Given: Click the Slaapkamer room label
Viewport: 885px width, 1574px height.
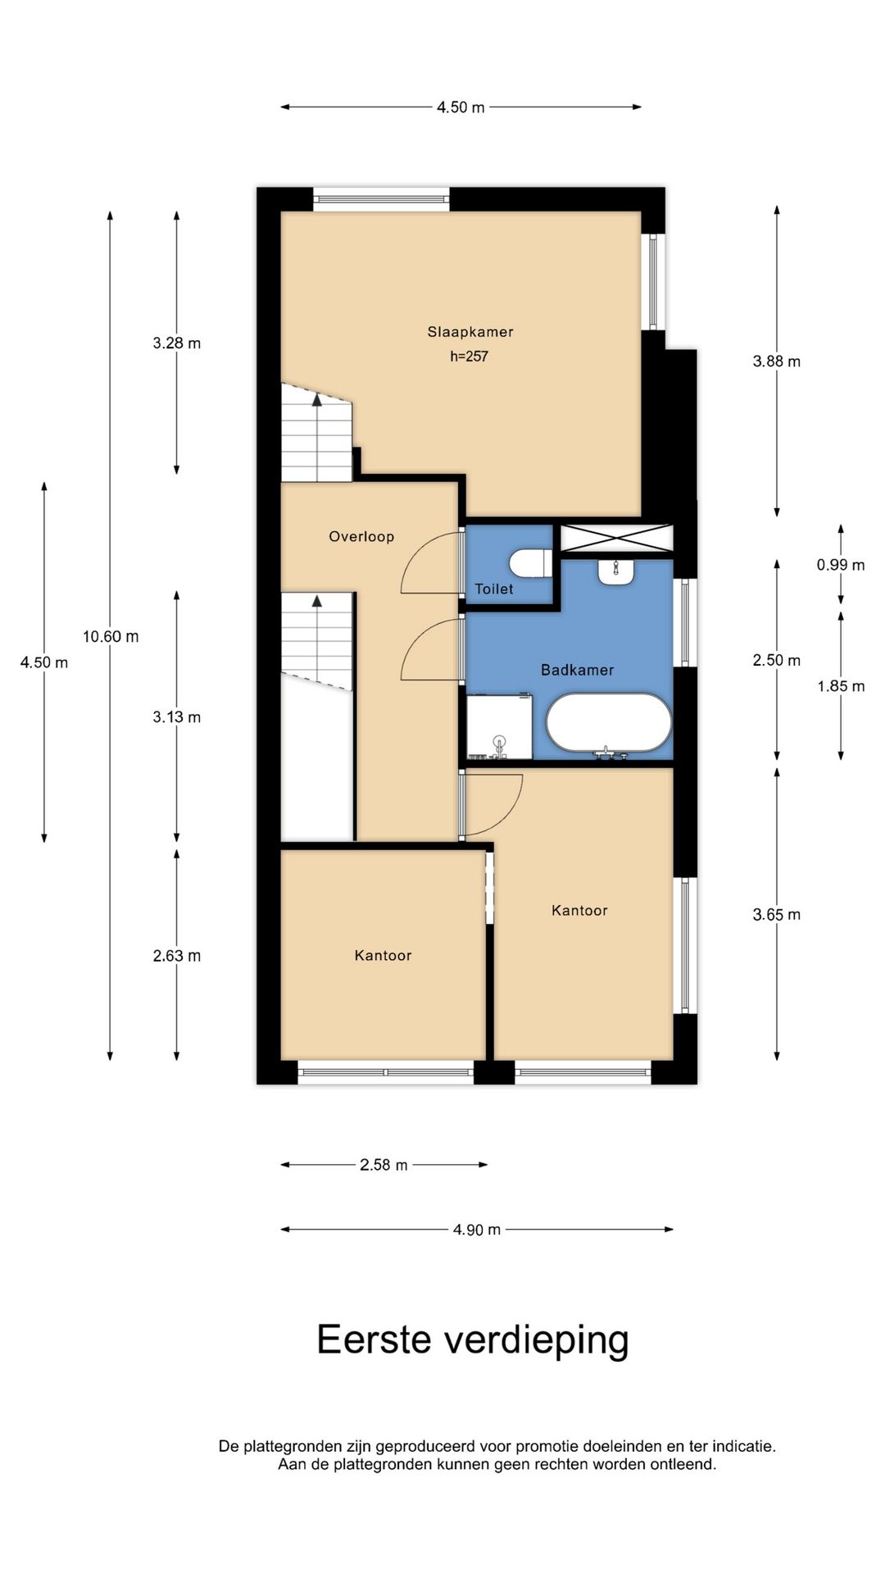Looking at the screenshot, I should (x=470, y=332).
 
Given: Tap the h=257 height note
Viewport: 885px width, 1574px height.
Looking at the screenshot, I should (x=469, y=357).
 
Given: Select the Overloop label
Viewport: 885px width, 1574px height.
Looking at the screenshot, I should (x=361, y=537).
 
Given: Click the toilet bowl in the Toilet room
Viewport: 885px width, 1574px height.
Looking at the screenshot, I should (x=530, y=563).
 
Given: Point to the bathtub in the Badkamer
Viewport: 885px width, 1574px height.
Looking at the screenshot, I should (x=609, y=722).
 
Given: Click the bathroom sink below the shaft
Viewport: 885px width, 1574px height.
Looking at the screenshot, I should (x=615, y=571).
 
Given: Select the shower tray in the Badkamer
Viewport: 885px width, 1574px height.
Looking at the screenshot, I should (x=499, y=726).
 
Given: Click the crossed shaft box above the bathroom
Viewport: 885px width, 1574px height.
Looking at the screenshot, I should (x=615, y=539).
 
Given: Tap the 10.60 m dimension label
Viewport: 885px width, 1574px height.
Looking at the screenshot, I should (x=111, y=636).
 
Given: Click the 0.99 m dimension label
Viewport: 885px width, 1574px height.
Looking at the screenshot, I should (x=840, y=565).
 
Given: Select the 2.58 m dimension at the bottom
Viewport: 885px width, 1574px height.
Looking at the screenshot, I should (x=383, y=1165).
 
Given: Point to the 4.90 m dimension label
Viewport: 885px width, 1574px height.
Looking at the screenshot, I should (x=476, y=1230).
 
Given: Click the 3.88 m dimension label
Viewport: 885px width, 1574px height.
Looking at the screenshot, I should (x=776, y=362).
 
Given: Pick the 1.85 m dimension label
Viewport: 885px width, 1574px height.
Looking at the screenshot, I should (x=840, y=686).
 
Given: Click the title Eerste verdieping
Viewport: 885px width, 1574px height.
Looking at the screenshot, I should (x=473, y=1340).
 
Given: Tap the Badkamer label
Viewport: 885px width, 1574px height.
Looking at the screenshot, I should (x=577, y=670).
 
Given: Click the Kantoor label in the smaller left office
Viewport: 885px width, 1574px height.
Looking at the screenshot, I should (x=383, y=955).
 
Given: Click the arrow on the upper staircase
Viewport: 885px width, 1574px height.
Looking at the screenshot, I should (x=317, y=399).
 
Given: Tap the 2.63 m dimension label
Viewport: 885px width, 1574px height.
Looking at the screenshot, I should (x=176, y=956).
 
